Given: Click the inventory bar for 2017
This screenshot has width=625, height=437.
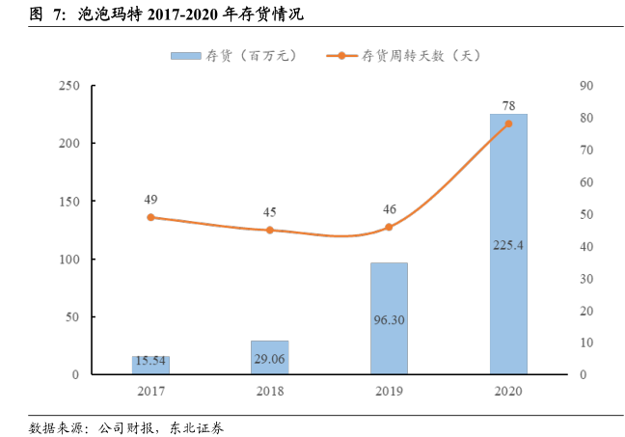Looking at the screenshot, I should coord(150,365).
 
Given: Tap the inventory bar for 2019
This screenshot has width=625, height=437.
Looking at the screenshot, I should coord(389,317).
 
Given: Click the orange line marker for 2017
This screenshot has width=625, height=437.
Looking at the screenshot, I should coord(150,217).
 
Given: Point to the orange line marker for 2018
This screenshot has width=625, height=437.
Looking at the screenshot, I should coord(270,231).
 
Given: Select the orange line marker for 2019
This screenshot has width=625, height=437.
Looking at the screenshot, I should coord(389,227).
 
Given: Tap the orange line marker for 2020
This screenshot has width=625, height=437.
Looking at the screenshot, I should coord(508,123).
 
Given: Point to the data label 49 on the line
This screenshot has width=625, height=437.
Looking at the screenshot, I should coord(150,200).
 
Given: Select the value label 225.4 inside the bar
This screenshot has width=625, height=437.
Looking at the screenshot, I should coord(508,245).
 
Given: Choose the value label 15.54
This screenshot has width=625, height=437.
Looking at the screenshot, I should coord(150,361).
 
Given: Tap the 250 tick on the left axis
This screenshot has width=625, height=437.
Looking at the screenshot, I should coord(68,86).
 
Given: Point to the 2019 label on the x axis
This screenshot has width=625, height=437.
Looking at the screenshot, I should coord(389,391).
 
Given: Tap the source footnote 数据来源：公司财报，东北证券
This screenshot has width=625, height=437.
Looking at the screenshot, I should coord(126,425).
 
